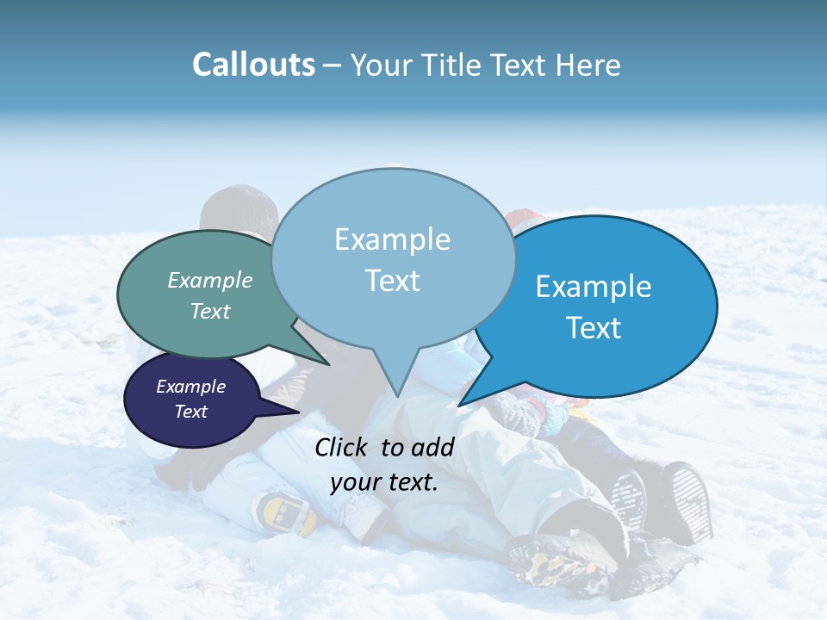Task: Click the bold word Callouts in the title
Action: coord(253,65)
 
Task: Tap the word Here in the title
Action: coord(588,65)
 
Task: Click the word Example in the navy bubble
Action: coord(190,387)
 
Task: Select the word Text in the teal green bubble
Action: coord(209,312)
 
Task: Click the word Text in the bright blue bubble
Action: coord(594,327)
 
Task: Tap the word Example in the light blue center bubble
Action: coord(392,239)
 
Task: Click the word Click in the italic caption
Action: coord(342,446)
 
